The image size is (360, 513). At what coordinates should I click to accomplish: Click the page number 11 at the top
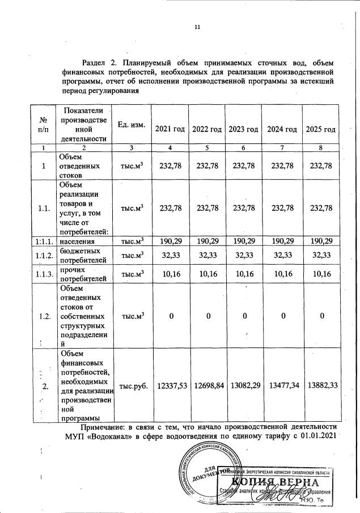(197, 27)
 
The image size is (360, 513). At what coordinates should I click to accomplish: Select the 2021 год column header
(171, 129)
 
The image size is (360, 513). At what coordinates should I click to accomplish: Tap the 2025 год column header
(321, 129)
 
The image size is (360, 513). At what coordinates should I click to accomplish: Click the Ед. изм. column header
(131, 124)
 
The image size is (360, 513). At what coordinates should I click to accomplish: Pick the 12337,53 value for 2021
(171, 385)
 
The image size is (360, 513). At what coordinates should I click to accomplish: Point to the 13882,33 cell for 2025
(321, 385)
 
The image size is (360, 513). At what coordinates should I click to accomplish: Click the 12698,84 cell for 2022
(207, 385)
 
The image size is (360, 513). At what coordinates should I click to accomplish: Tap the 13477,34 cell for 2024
(283, 385)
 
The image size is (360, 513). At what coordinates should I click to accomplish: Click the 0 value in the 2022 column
(207, 316)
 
